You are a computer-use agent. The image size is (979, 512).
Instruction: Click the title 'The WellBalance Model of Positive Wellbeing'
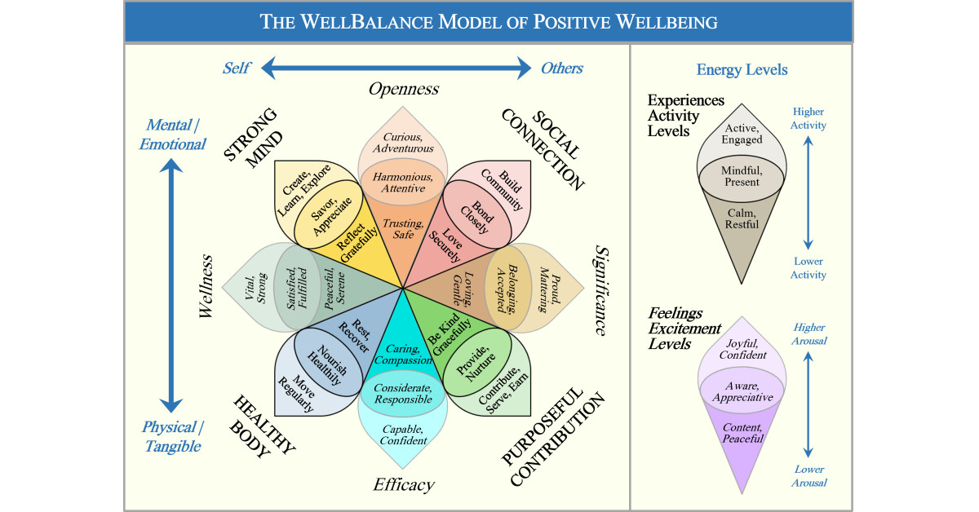click(x=489, y=22)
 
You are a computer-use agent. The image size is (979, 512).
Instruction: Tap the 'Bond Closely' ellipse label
click(x=481, y=214)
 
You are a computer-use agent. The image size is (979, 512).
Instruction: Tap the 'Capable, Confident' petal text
click(x=402, y=435)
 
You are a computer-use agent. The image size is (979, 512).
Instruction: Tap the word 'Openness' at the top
click(x=403, y=89)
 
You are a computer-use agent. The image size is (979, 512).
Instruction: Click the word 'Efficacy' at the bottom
click(x=402, y=485)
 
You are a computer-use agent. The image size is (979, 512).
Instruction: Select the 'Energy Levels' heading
click(x=742, y=69)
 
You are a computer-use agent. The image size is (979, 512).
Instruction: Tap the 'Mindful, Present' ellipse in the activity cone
click(x=742, y=175)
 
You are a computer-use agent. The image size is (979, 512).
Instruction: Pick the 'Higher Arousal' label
click(x=808, y=333)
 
